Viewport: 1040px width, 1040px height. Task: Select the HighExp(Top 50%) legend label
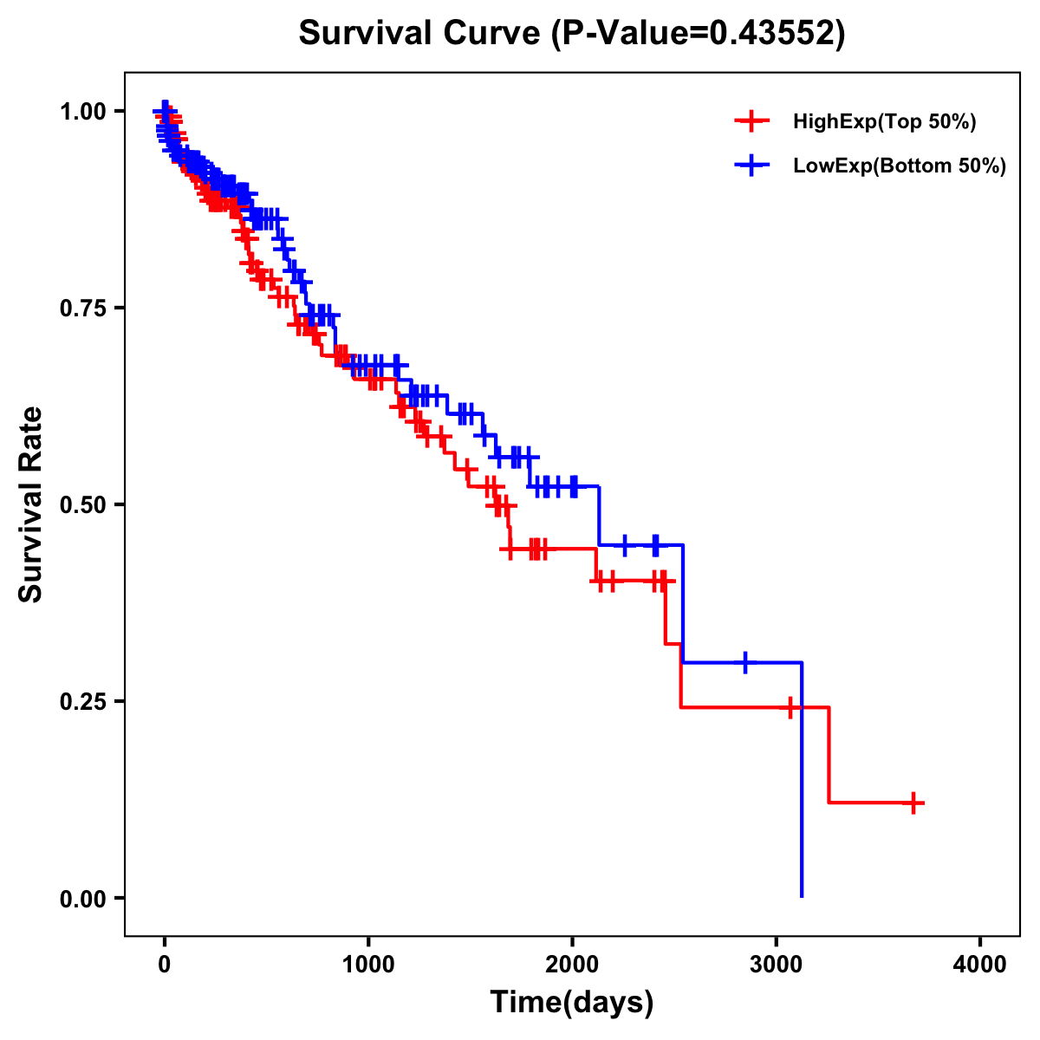coord(884,122)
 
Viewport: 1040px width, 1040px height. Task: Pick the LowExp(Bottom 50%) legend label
coord(900,166)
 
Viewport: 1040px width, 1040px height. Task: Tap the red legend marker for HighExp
coord(751,122)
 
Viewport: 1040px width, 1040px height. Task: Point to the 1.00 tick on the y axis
coord(83,111)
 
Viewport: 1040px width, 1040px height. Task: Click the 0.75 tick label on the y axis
coord(83,308)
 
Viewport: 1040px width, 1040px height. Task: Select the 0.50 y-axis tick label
coord(83,504)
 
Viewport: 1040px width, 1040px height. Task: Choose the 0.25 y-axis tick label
coord(83,701)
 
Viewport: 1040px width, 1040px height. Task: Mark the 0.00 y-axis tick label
coord(83,898)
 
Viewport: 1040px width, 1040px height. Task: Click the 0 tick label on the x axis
coord(165,965)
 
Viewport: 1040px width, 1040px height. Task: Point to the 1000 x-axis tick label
coord(368,965)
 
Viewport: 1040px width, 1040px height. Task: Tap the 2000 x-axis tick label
coord(572,965)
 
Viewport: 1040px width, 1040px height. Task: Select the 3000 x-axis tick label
coord(777,965)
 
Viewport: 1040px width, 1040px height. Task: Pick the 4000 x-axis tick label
coord(980,965)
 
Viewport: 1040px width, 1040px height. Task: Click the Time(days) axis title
coord(572,1003)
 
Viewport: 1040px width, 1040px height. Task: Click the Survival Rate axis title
coord(31,504)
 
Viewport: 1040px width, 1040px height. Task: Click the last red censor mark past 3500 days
coord(913,803)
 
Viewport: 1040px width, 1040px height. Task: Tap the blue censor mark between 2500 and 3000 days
coord(744,662)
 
